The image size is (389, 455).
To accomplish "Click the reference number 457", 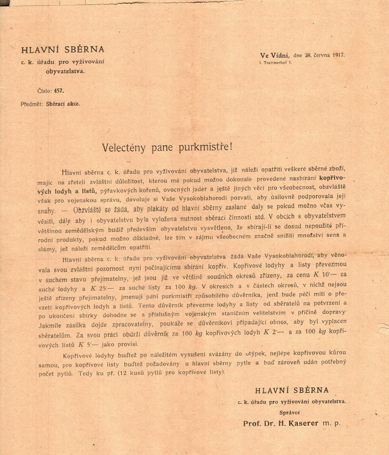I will point(59,91).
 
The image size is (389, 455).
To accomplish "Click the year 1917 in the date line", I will point(338,55).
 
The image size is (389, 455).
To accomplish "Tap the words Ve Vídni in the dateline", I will point(275,55).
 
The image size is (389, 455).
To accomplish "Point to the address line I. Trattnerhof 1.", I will point(276,63).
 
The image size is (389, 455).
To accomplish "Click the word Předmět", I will point(32,104).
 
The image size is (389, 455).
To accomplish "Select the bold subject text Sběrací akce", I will point(63,104).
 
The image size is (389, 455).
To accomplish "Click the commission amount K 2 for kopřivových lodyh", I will point(270,332).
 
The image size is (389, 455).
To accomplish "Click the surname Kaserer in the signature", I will point(304,423).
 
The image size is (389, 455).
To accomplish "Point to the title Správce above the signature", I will point(290,412).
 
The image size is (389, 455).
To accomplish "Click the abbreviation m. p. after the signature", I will point(331,423).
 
